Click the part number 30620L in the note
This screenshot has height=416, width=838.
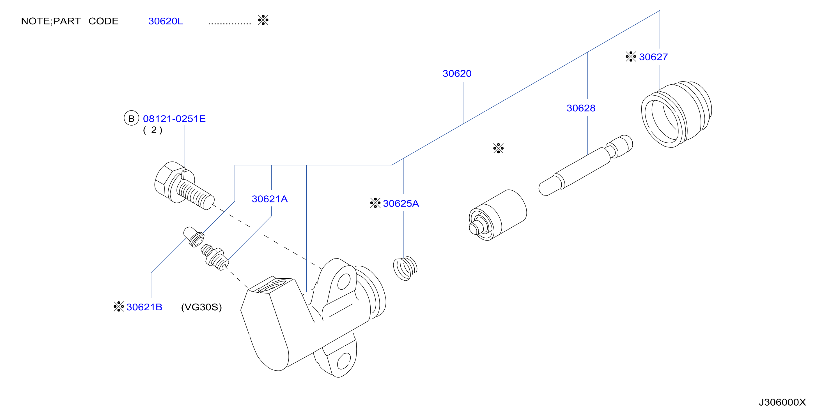pyautogui.click(x=166, y=21)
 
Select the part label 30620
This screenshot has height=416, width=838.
pyautogui.click(x=457, y=73)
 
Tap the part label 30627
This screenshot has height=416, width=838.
pyautogui.click(x=653, y=57)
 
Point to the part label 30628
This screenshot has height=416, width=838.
pyautogui.click(x=581, y=108)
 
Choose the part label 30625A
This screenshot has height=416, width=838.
pyautogui.click(x=401, y=204)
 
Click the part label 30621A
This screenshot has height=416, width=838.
pyautogui.click(x=270, y=199)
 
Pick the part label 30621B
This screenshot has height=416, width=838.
pyautogui.click(x=144, y=307)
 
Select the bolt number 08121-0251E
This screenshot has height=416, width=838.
pyautogui.click(x=175, y=119)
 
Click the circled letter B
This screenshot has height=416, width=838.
pyautogui.click(x=131, y=118)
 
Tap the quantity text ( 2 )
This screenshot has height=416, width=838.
pyautogui.click(x=153, y=130)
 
